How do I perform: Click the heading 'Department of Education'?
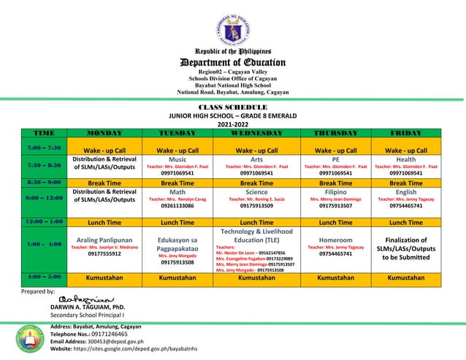[x=233, y=63]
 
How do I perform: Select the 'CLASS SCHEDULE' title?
[x=233, y=107]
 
